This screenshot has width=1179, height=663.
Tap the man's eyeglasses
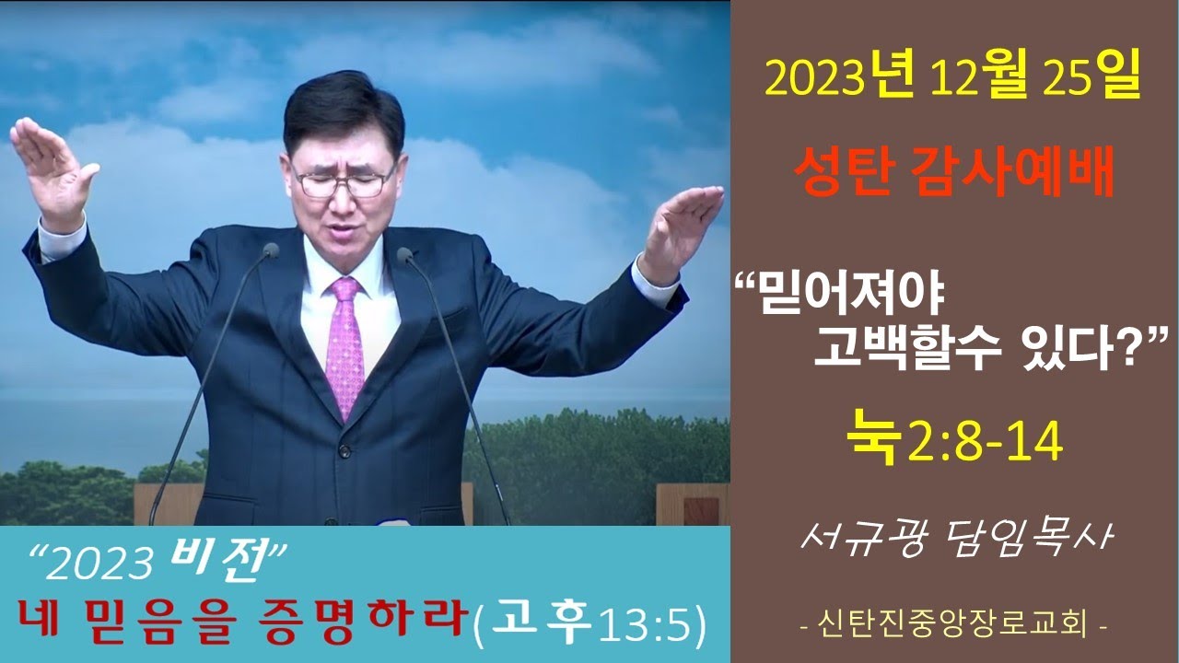click(345, 181)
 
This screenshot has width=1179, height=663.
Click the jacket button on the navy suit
click(344, 451)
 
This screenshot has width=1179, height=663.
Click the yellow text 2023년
click(839, 80)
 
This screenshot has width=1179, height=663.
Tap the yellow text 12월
click(979, 80)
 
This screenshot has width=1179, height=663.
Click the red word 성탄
click(845, 175)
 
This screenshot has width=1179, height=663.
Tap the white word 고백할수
click(907, 348)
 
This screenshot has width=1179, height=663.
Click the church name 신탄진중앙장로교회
click(953, 625)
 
